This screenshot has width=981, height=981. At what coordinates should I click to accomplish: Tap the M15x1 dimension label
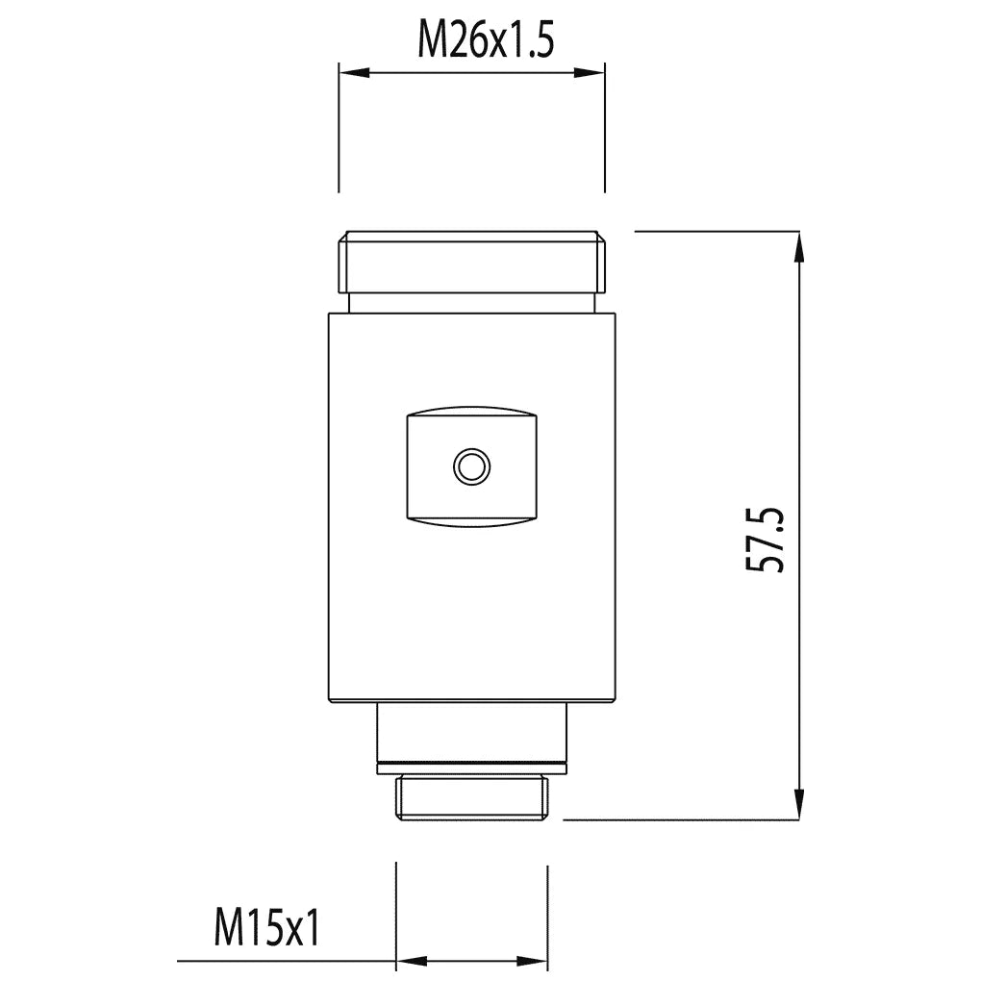point(267,928)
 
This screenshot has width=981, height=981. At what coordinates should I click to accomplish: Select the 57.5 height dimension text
point(765,540)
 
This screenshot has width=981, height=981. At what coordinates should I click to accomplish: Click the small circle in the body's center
point(471,466)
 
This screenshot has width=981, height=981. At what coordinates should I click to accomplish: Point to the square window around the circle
point(471,466)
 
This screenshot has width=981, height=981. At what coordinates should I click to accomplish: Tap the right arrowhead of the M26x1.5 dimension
point(590,73)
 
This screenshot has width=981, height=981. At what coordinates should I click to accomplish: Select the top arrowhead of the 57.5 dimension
point(799,247)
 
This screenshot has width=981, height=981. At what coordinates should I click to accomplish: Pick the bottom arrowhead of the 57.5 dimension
point(799,804)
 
